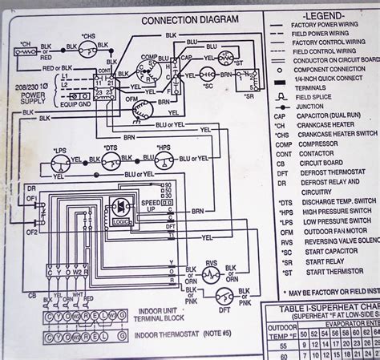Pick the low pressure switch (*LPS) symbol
click(58, 163)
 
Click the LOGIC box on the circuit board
click(123, 218)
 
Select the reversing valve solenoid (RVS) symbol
click(211, 275)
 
